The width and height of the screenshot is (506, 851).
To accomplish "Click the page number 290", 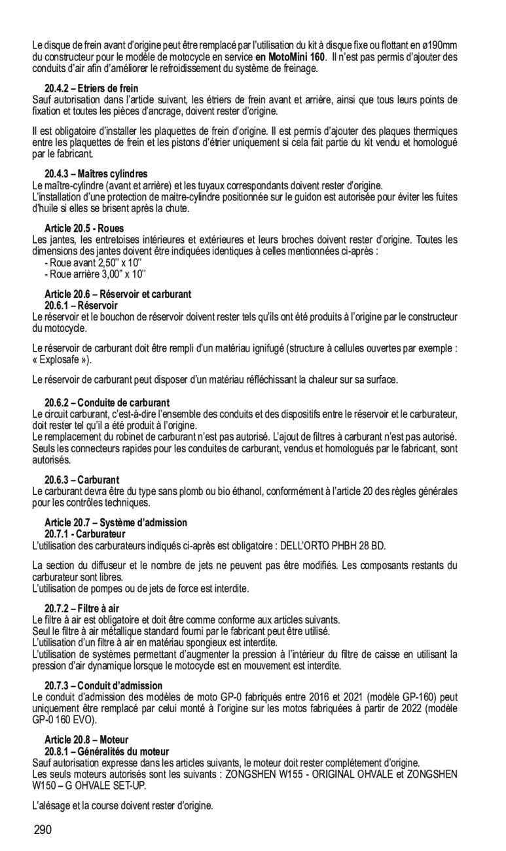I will coord(42,830).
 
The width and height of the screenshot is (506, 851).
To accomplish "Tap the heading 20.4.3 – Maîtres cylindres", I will coord(96,174).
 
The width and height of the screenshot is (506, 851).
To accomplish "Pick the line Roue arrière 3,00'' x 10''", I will coord(96,274).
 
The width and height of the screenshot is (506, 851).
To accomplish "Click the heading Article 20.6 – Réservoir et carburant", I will coord(118,295).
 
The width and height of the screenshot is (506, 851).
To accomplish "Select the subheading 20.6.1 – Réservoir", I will coord(81,306).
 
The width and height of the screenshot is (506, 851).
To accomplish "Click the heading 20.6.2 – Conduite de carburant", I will coord(107,403).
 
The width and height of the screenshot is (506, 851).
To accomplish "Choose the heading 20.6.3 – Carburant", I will coord(82,480).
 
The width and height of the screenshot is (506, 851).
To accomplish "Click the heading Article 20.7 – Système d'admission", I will coord(116,522).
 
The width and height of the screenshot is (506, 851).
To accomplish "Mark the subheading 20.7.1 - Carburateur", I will coord(85,534).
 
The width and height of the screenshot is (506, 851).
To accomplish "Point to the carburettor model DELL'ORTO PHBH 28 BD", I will coord(333,545).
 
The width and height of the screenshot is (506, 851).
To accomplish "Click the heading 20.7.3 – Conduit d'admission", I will coord(103,685).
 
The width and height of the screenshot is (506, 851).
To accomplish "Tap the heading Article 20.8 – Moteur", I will coord(86,740).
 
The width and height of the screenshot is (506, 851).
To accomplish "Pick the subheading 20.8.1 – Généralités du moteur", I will coord(107,751).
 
